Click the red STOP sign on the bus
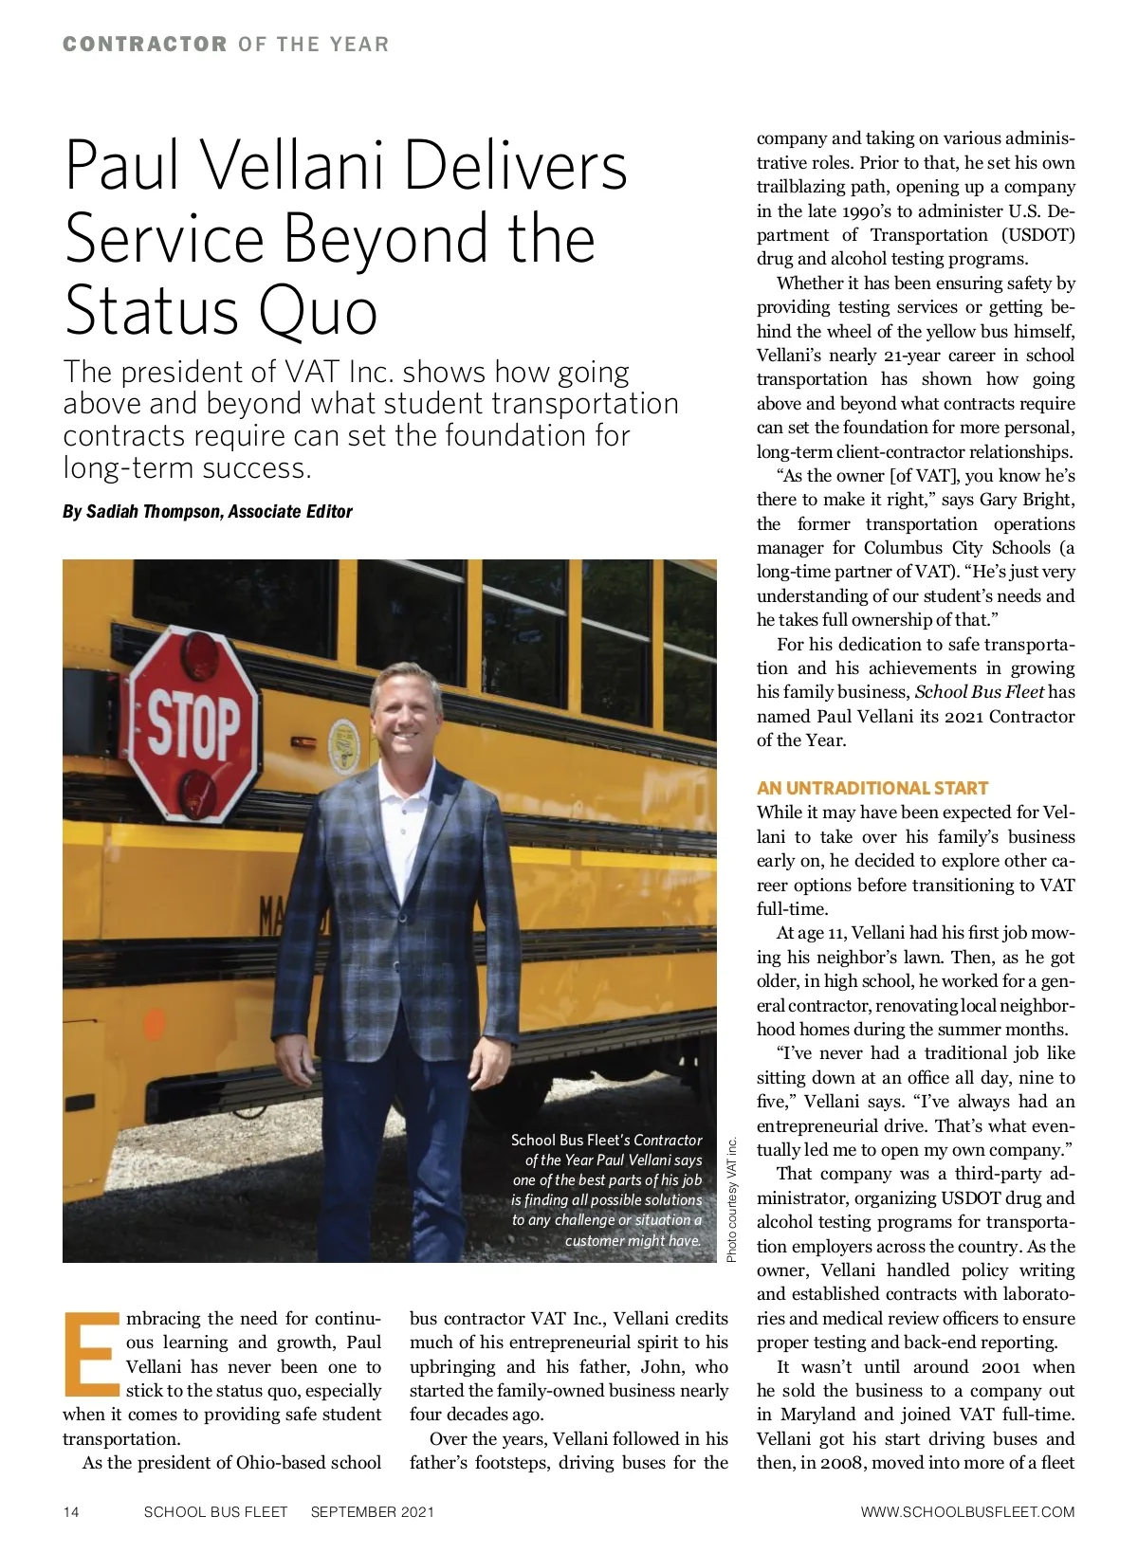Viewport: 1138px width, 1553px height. point(194,726)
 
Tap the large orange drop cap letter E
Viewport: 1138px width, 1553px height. point(92,1355)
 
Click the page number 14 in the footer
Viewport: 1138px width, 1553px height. point(71,1512)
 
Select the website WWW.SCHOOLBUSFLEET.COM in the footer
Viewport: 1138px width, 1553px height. point(967,1512)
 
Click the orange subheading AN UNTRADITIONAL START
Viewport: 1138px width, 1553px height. point(872,788)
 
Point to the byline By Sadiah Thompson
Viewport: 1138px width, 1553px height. point(207,512)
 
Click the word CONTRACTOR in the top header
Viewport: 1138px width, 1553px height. point(145,45)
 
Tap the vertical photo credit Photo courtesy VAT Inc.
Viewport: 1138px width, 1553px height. point(732,1199)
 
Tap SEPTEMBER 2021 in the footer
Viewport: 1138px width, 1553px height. point(372,1512)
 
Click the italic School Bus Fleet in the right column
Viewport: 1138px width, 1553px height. point(979,692)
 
